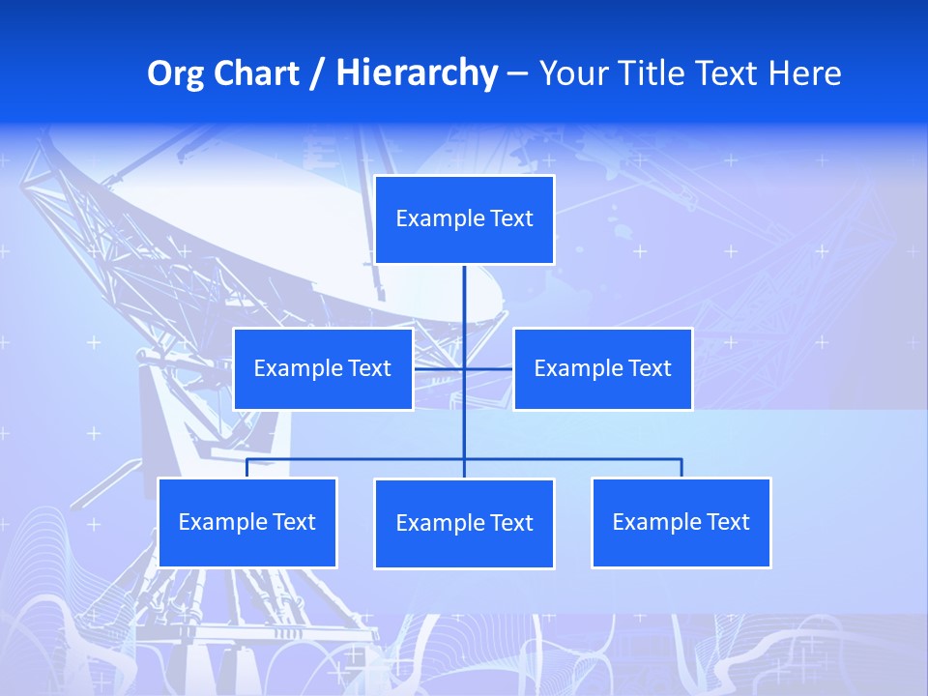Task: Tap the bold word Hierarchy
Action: point(417,74)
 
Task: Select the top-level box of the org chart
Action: point(464,219)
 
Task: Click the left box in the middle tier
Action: point(323,368)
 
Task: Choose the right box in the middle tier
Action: point(602,368)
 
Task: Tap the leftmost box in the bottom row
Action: point(246,522)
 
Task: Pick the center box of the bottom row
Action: point(464,523)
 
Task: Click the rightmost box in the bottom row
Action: point(681,522)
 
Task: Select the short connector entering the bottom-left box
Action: point(246,468)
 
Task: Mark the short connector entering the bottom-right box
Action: point(681,468)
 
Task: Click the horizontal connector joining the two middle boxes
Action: point(440,368)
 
